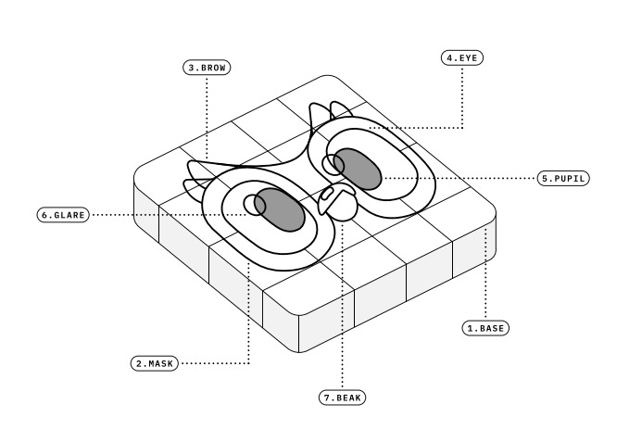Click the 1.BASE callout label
486,327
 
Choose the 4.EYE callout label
462,57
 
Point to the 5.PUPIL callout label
563,178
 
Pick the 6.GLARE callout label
63,215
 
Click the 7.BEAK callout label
343,398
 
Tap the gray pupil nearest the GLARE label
278,208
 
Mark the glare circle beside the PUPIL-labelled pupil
330,164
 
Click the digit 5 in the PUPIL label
545,178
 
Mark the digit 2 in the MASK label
137,363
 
